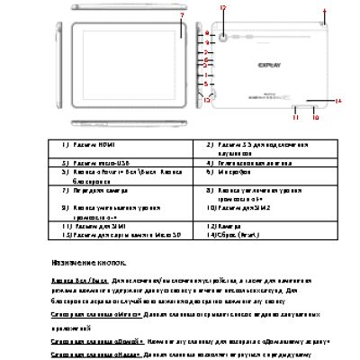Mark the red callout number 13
coord(205,101)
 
